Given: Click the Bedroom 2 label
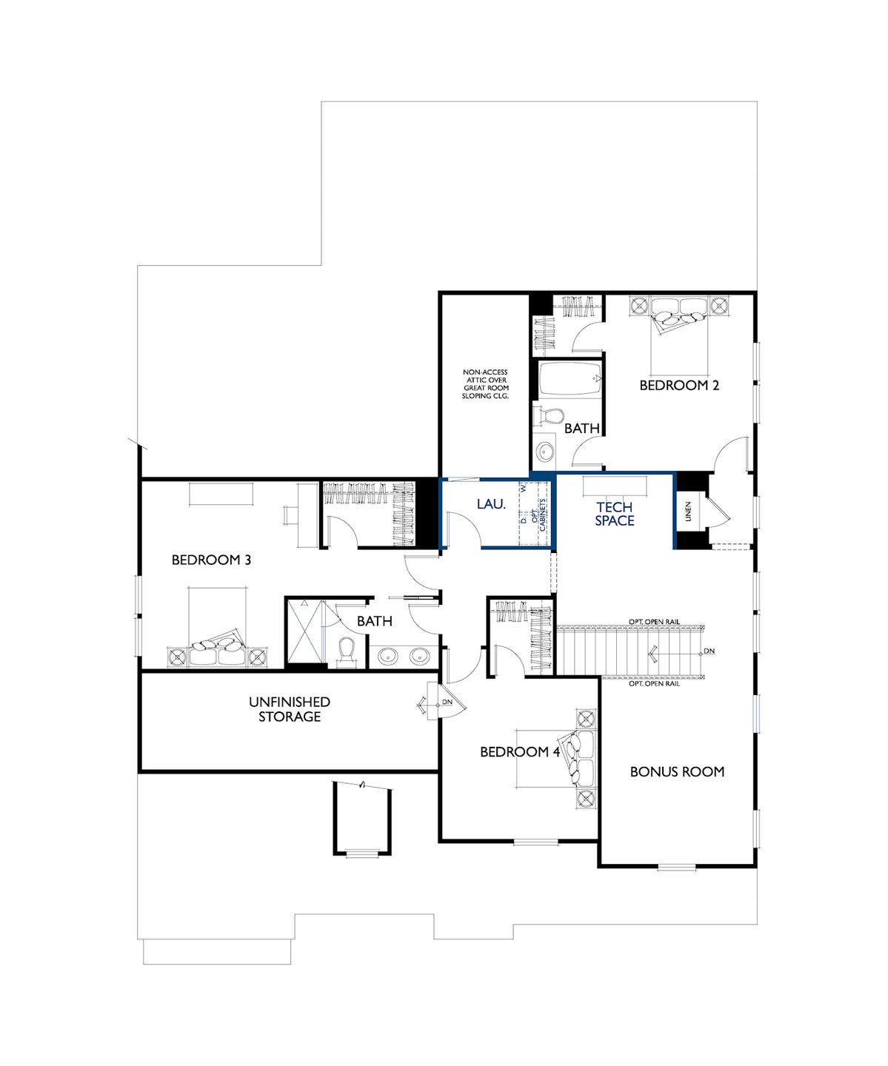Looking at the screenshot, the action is (x=679, y=386).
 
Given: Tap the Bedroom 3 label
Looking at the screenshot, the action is (x=211, y=560).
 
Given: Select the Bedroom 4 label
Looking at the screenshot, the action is (x=520, y=752).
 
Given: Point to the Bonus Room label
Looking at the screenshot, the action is (x=677, y=771).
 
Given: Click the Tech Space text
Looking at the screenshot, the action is (x=615, y=514).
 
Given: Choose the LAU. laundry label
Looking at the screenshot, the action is (x=491, y=504).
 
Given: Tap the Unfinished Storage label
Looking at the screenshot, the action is (x=289, y=709).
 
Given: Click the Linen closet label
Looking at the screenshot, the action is (x=688, y=512).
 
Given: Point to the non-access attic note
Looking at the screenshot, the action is (x=485, y=384).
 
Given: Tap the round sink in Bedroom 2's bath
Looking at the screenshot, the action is (x=545, y=452).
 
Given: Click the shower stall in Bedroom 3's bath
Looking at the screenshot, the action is (x=306, y=631).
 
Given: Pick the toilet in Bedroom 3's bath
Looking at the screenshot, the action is (x=347, y=651).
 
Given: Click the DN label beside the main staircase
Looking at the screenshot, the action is (x=709, y=651).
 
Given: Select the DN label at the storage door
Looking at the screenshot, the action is (x=447, y=702).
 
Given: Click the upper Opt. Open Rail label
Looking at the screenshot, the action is (x=654, y=621).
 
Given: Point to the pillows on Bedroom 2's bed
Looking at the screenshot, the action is (x=678, y=318).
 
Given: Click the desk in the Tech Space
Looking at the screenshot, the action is (x=615, y=486).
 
